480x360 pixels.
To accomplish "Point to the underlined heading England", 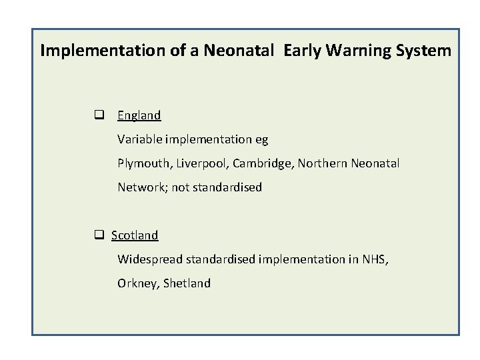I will pyautogui.click(x=139, y=115).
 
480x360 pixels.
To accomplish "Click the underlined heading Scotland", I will pyautogui.click(x=135, y=235).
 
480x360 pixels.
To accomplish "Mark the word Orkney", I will pyautogui.click(x=137, y=283).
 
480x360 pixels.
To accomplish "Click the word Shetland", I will pyautogui.click(x=187, y=283).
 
